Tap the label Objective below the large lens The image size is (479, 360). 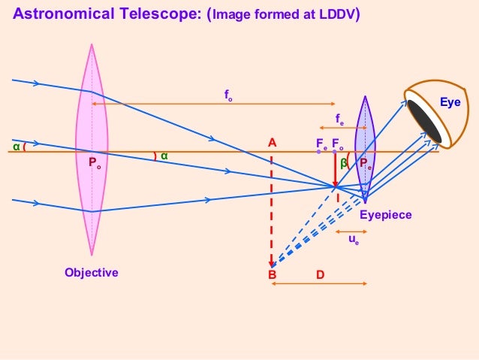(92, 272)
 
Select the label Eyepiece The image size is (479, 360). (386, 215)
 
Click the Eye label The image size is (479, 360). (450, 100)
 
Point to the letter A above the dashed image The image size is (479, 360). (272, 142)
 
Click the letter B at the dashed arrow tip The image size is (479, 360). (273, 276)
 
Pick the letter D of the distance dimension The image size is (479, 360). (320, 276)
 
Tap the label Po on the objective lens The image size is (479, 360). (95, 162)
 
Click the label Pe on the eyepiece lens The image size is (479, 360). (366, 163)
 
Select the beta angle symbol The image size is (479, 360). (343, 162)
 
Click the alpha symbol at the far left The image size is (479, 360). (16, 147)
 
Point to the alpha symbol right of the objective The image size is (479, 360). (164, 156)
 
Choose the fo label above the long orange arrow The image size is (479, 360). (228, 95)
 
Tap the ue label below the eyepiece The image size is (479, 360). (353, 241)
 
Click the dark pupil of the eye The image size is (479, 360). (425, 120)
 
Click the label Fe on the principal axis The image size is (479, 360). (321, 143)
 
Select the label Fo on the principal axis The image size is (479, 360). (338, 143)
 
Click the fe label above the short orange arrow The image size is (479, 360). (339, 119)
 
